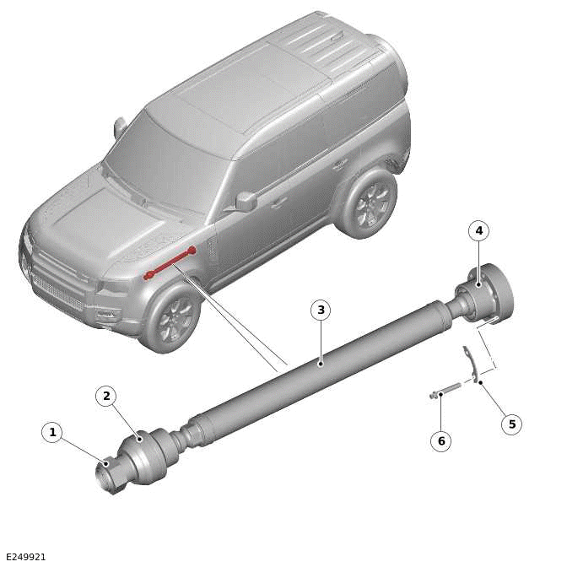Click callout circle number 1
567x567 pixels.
tap(52, 433)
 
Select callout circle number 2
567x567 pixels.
tap(106, 396)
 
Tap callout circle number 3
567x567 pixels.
tap(320, 310)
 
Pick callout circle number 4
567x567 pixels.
tap(479, 230)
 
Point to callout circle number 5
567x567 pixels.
tap(511, 424)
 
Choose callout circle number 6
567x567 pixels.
tap(440, 441)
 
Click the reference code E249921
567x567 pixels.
tap(25, 557)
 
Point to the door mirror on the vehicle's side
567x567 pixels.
tap(246, 201)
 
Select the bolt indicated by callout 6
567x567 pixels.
tap(447, 391)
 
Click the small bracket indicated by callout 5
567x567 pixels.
tap(470, 364)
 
